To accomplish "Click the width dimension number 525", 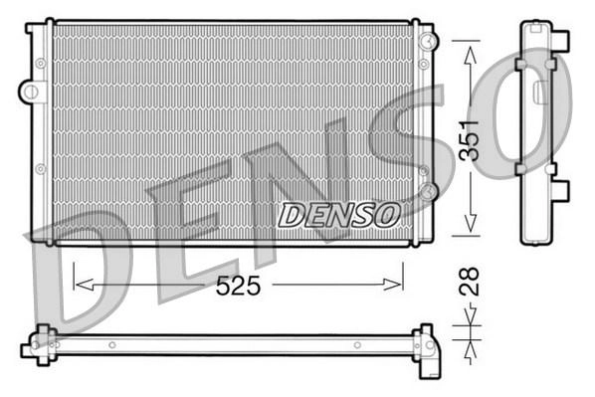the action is click(239, 286).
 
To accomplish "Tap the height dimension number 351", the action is click(470, 140).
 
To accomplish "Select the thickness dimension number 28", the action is click(470, 282).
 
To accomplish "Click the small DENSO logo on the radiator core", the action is click(339, 215).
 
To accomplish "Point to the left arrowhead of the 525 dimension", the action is click(85, 285).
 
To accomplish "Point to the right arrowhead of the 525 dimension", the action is click(392, 285).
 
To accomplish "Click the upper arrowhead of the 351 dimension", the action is click(471, 56).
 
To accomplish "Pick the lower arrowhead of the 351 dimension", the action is click(471, 223).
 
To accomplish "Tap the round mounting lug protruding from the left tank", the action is click(30, 92).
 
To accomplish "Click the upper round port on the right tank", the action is click(429, 40).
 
